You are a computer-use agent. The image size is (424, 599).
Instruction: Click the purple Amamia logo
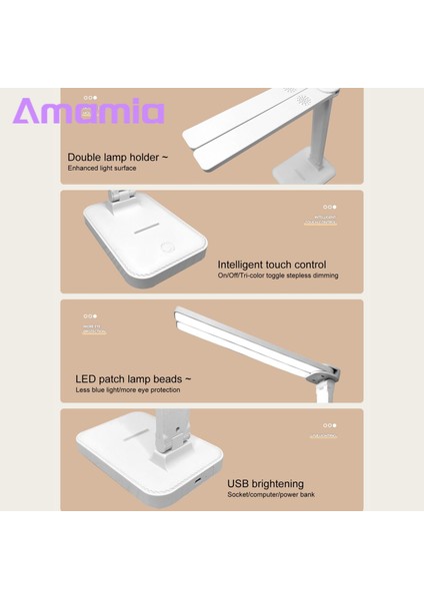click(x=88, y=111)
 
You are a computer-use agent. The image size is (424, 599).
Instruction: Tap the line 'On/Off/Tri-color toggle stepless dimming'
click(x=277, y=276)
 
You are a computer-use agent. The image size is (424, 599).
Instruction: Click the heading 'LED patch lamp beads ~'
click(x=133, y=378)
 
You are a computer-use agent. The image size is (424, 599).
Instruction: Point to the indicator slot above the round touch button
click(x=151, y=226)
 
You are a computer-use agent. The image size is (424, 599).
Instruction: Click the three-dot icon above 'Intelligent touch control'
click(x=327, y=208)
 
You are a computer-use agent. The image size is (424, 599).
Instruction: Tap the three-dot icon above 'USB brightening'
click(x=326, y=425)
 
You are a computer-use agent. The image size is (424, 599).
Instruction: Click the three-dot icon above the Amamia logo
click(x=90, y=97)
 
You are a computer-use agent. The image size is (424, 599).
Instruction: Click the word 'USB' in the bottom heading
click(x=242, y=482)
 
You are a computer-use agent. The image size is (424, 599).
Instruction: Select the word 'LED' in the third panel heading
click(x=87, y=378)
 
